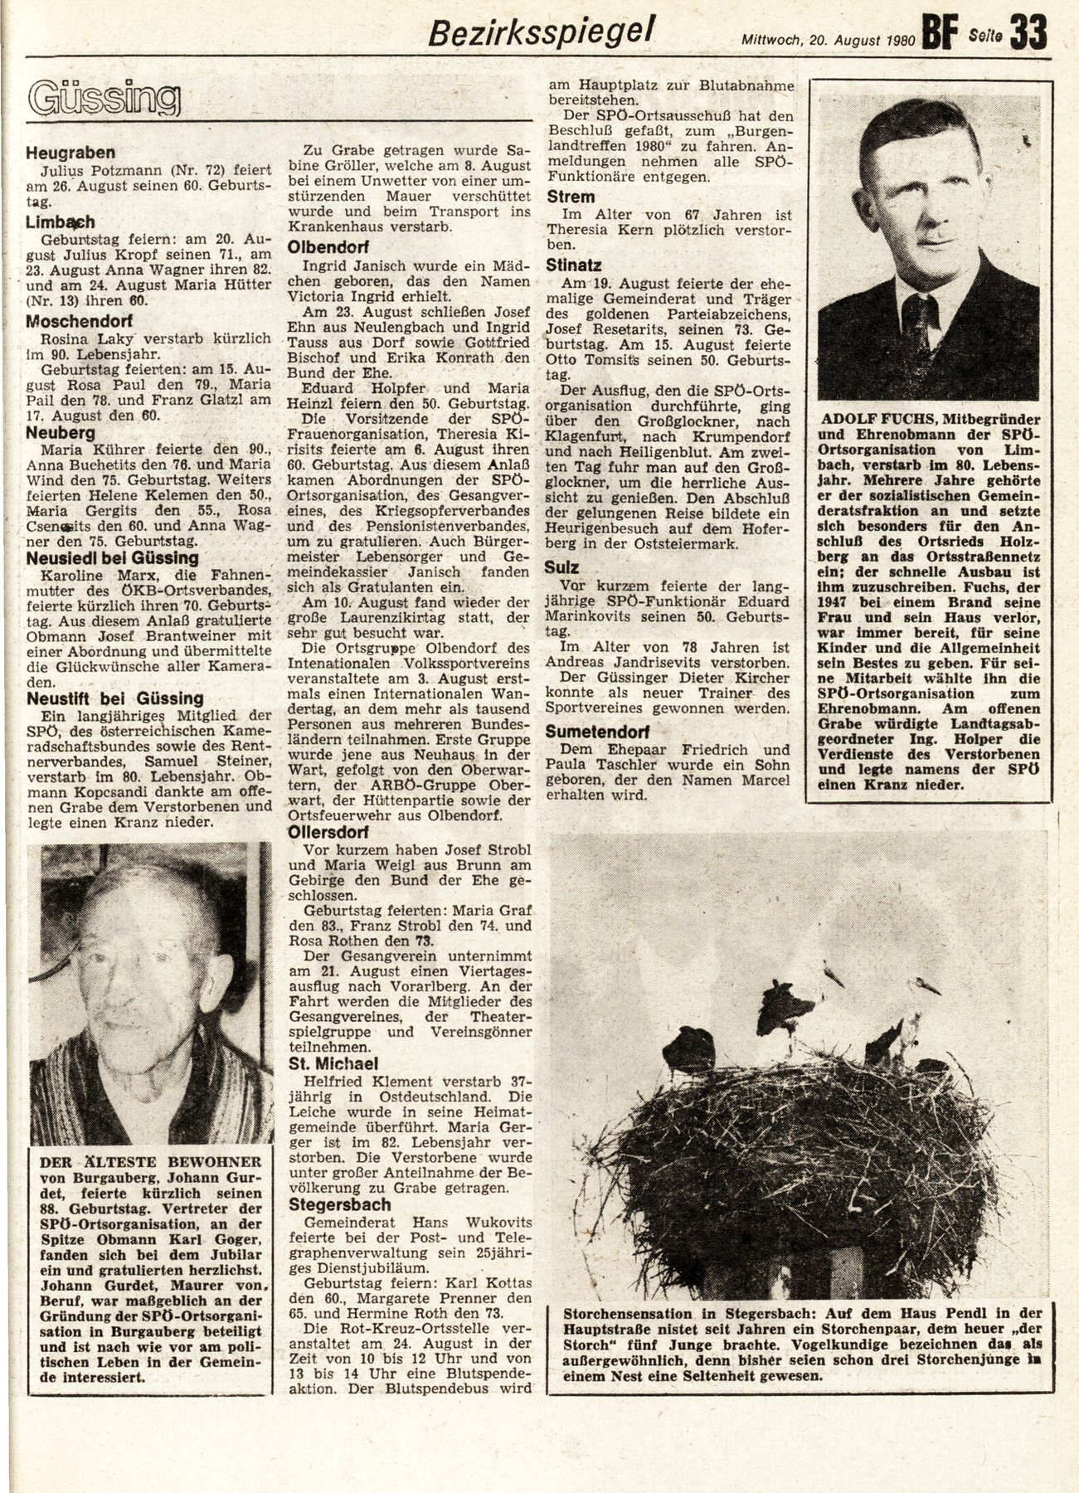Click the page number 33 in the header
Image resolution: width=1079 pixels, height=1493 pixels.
(1028, 32)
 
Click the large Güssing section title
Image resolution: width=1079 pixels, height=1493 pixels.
(104, 100)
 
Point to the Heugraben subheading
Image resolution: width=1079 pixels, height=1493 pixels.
(70, 153)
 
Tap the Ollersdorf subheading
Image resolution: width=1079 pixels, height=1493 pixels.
(328, 832)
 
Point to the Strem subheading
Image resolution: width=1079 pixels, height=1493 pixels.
(571, 197)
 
